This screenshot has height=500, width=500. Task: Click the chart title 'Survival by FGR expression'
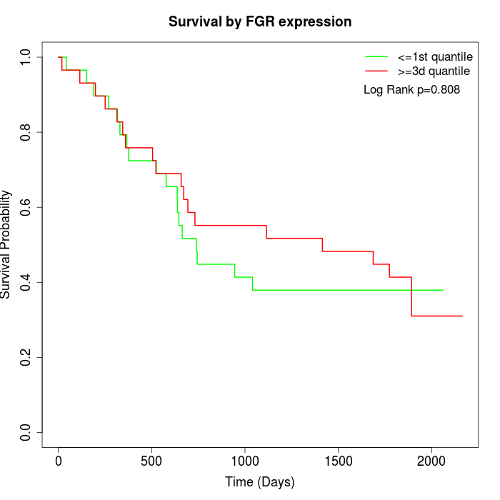[260, 22]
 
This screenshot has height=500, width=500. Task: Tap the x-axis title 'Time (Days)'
[260, 482]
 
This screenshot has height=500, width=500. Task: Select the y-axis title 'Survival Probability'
[6, 244]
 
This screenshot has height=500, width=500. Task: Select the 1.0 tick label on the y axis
[26, 57]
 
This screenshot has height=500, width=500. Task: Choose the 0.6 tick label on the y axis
[26, 207]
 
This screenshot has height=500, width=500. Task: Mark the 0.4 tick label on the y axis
[26, 282]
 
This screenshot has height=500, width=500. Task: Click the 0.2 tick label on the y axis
[26, 357]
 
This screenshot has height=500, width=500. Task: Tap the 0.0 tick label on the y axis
[26, 432]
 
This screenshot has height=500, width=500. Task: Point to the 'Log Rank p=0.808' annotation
[411, 90]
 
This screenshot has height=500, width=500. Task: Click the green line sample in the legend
[376, 56]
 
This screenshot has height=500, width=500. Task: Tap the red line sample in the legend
[376, 71]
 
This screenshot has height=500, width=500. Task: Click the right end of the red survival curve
[462, 316]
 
